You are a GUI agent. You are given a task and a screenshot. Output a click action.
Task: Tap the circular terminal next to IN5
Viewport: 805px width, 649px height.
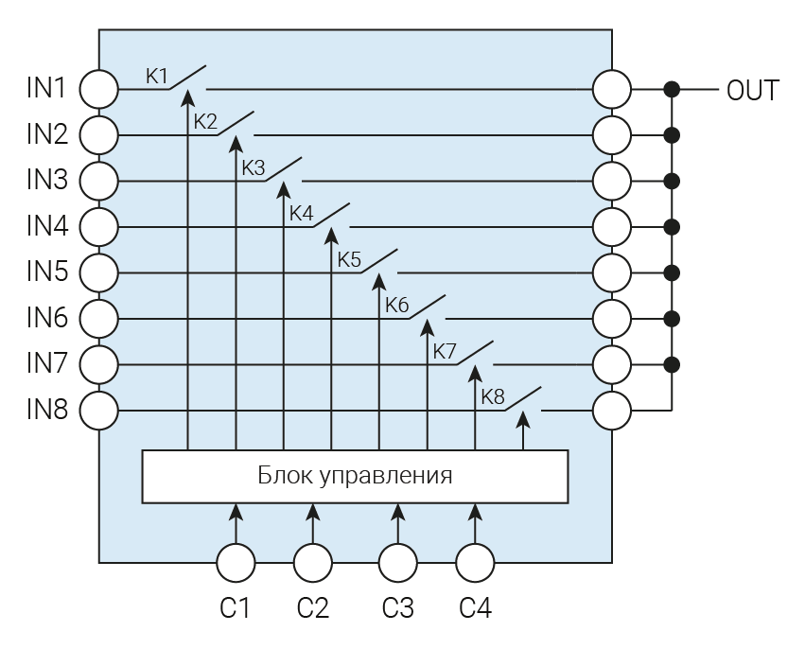tap(98, 272)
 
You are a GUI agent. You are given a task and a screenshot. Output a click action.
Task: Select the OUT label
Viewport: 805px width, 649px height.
tap(753, 90)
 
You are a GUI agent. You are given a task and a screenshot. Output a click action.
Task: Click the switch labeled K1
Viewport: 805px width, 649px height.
tap(189, 78)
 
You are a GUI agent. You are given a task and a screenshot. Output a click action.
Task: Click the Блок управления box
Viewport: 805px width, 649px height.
tap(355, 475)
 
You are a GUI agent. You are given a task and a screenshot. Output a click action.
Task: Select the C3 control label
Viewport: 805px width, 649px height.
tap(397, 607)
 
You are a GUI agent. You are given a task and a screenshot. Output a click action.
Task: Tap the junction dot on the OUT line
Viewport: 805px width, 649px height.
tap(673, 90)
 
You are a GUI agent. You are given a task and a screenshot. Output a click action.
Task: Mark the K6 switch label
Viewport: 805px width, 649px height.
tap(396, 306)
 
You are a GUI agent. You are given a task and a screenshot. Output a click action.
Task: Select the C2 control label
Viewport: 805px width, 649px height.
tap(312, 607)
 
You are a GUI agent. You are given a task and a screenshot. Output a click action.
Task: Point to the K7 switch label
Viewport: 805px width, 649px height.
tap(445, 351)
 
